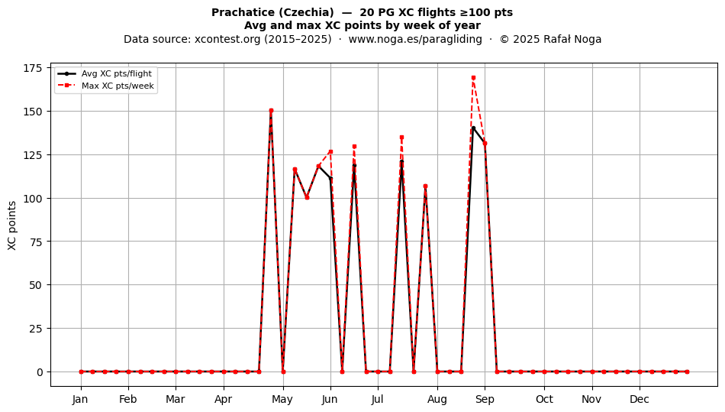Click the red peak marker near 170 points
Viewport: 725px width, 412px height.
click(473, 78)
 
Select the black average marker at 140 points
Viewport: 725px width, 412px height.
click(473, 128)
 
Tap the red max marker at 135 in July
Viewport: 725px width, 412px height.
click(401, 138)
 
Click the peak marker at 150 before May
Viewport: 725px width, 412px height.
click(271, 111)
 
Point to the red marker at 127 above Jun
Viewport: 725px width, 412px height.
click(330, 152)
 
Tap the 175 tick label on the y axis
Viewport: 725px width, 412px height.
click(32, 68)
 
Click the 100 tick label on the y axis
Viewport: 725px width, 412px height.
click(32, 198)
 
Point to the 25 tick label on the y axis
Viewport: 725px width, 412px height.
click(36, 328)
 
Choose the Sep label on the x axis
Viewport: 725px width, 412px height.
click(485, 399)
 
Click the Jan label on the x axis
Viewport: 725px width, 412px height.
click(80, 399)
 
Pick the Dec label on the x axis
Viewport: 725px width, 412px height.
click(640, 399)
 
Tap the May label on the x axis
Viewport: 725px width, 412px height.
click(282, 399)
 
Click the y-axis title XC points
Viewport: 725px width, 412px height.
click(12, 225)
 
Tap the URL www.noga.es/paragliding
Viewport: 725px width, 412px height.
click(415, 39)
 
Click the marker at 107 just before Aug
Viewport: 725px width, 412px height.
click(425, 186)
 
